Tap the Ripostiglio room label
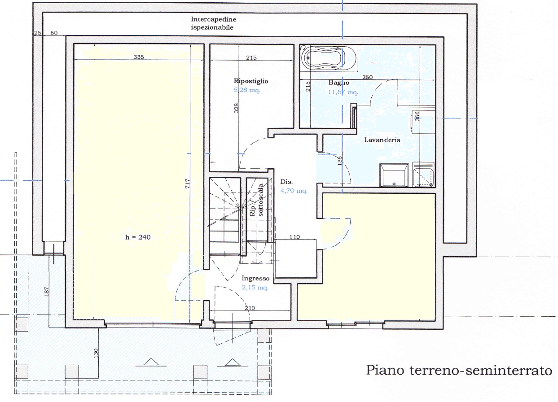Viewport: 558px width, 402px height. tap(251, 81)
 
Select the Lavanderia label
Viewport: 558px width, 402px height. tap(382, 140)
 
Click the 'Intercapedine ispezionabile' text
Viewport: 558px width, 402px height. tap(214, 23)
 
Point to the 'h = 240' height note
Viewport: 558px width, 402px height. tap(138, 237)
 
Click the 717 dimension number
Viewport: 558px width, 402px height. tap(188, 184)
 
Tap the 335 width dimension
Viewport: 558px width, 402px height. tap(139, 57)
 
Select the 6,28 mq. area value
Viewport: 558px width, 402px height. tap(246, 90)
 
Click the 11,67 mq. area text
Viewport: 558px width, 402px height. tap(343, 92)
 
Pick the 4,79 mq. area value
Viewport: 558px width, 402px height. tap(294, 191)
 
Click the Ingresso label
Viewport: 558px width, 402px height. tap(255, 278)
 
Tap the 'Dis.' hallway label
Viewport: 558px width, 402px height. tap(286, 182)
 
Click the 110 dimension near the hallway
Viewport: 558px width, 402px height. tap(294, 237)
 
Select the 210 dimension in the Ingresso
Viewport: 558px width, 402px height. tap(250, 308)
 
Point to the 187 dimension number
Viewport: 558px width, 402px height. tap(47, 292)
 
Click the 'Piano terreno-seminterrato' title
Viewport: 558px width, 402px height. tap(459, 370)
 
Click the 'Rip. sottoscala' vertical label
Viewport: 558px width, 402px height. tap(257, 201)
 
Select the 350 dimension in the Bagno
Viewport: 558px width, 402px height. tap(367, 77)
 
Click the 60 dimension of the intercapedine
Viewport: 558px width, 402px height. tap(54, 33)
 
